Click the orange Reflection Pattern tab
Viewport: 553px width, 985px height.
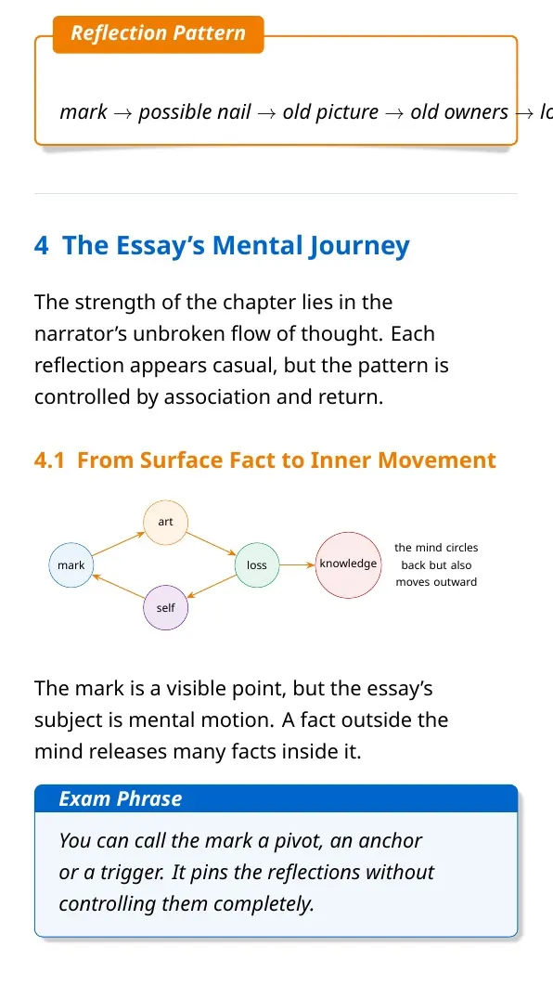click(x=158, y=34)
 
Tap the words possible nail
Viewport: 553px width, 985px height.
click(x=195, y=112)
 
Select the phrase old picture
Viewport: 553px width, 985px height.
click(x=331, y=112)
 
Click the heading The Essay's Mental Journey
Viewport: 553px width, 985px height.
click(x=236, y=245)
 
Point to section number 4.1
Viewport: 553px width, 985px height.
click(x=49, y=460)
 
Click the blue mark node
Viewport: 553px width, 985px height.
click(x=71, y=565)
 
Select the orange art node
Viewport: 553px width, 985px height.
click(x=166, y=522)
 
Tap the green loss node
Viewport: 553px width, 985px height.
click(x=257, y=565)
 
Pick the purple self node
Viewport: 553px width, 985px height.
click(x=166, y=608)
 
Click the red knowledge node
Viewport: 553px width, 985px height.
click(x=348, y=564)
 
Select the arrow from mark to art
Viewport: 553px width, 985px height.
click(x=119, y=544)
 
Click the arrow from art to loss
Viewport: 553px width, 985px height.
click(x=211, y=544)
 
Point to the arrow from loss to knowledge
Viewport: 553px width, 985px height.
click(x=297, y=565)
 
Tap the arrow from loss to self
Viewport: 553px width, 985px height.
click(x=212, y=587)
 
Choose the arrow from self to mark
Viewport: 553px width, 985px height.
click(x=119, y=587)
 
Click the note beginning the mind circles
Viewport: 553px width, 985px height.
click(x=436, y=564)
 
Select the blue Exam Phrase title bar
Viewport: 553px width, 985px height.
click(x=276, y=798)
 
